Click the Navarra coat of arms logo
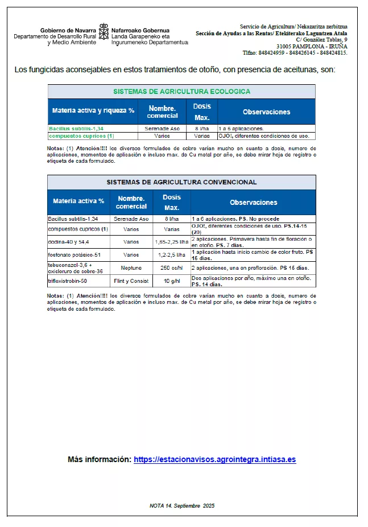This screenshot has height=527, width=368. tap(104, 32)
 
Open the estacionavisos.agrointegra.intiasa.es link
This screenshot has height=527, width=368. tap(214, 459)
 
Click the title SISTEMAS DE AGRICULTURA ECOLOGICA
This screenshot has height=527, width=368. tap(181, 91)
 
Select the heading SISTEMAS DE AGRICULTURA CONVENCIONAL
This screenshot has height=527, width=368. tap(181, 182)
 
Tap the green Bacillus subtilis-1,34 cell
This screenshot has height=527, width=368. tap(76, 129)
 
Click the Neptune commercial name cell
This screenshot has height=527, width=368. tap(131, 267)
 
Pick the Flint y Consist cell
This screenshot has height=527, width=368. tap(131, 281)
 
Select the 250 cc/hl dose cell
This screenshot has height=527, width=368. tap(172, 267)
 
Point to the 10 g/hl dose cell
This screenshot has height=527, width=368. tap(172, 281)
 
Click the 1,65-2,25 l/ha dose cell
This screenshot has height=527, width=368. tap(172, 242)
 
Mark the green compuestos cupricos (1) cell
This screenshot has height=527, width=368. tap(81, 136)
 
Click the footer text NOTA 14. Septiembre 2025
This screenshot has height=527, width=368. tap(182, 505)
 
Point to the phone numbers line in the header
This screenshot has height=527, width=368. tap(295, 53)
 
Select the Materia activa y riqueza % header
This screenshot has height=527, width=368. tap(93, 111)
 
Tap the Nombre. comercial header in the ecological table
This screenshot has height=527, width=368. tap(162, 111)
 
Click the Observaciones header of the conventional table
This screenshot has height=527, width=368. tap(253, 202)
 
